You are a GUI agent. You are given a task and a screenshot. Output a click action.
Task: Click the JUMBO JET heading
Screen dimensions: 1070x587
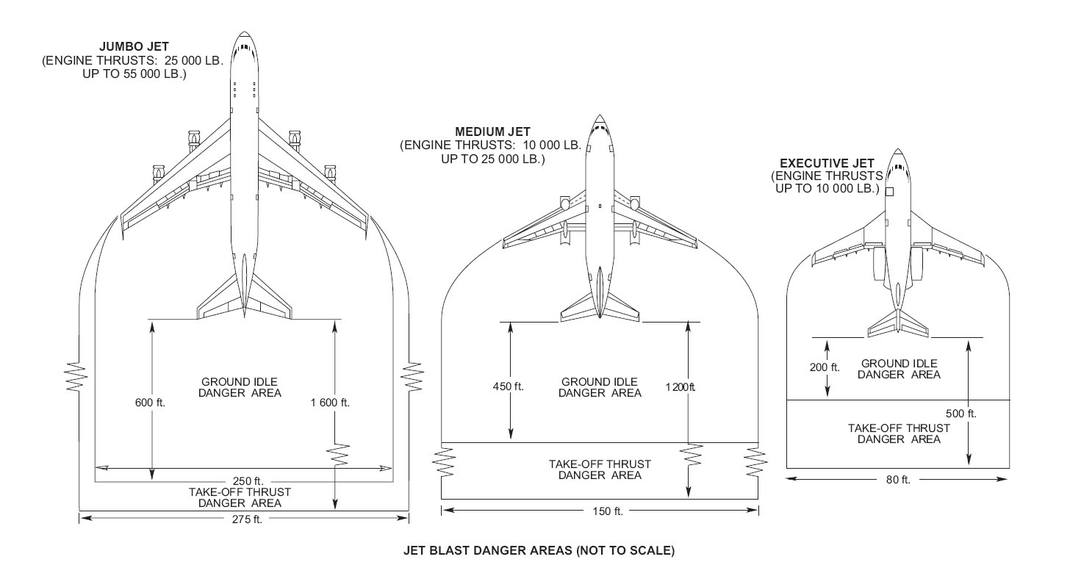pos(134,47)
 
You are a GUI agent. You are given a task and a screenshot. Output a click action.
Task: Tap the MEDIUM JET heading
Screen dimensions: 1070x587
pos(492,132)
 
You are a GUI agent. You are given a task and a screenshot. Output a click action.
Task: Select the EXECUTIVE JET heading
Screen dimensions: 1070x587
pos(827,163)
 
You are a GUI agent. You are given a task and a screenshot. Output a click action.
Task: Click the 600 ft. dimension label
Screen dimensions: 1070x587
pos(150,403)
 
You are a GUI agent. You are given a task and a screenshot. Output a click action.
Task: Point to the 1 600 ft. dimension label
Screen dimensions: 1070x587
pos(330,403)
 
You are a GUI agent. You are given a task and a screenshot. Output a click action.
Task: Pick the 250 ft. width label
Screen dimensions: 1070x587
pos(248,481)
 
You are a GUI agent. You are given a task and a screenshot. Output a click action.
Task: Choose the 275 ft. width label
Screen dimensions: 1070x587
pos(248,519)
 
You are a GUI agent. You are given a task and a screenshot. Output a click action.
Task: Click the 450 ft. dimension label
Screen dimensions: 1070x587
pos(509,386)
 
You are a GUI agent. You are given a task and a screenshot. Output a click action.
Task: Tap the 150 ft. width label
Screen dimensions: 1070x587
pos(608,511)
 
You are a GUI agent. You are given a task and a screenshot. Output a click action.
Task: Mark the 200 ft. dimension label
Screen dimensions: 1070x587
pos(825,367)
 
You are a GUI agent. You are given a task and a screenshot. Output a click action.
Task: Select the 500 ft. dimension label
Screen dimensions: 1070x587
pos(961,414)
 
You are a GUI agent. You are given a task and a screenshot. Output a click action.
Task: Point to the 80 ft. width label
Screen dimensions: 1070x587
pos(898,480)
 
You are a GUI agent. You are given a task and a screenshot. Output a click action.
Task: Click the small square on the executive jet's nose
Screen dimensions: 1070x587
pos(889,192)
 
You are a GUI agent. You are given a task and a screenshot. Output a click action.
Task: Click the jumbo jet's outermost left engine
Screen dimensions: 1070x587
pos(157,175)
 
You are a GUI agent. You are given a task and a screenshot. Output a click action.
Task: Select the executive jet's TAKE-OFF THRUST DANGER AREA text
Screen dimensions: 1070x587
pos(899,433)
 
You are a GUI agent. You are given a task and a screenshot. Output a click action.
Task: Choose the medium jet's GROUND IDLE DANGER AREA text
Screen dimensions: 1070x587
pos(600,387)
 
